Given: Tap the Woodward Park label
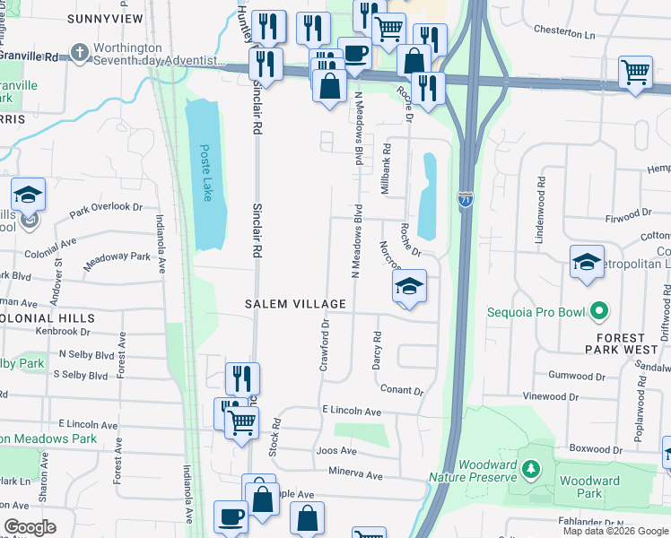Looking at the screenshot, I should pos(589,487).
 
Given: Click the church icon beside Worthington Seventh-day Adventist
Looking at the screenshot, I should pos(80,53).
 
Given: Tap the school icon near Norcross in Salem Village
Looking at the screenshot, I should pos(409,287).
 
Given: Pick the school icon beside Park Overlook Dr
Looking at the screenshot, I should pos(29,195).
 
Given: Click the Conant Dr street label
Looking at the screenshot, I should pos(401,390).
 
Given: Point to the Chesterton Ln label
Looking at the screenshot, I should pos(564,30).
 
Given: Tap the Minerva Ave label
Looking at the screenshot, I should pos(355,474).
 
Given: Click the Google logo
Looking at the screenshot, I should pos(30,527).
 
